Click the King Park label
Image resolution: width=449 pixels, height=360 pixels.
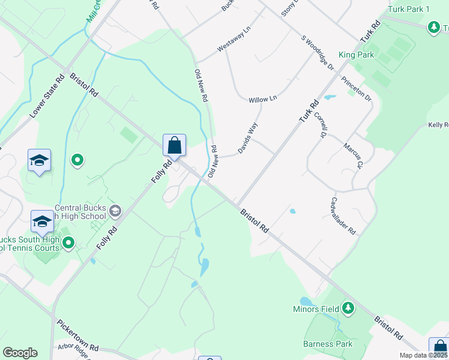coord(356,55)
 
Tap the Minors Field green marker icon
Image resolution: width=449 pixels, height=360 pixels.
coord(348,309)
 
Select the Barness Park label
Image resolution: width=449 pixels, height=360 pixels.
coord(328,344)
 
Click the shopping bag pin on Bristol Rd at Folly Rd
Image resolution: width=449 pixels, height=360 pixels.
coord(174,145)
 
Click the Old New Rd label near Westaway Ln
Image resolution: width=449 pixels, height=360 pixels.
coord(200,85)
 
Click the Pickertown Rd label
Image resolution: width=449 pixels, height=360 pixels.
coord(78,335)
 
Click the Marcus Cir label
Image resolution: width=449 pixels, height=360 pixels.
coord(353,155)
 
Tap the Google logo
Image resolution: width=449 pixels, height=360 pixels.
coord(20,353)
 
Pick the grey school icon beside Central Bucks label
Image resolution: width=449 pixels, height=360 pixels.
coord(116,211)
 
